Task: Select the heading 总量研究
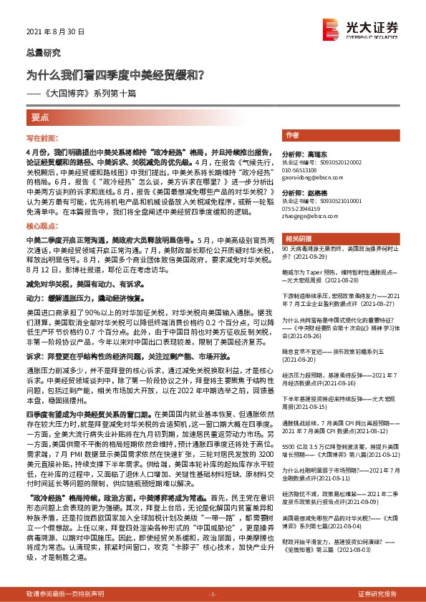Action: pos(44,53)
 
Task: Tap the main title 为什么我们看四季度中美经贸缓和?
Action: pos(117,73)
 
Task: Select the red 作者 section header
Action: pos(292,135)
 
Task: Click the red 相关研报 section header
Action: pos(298,238)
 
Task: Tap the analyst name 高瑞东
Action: pos(315,154)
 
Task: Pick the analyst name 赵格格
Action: pos(315,193)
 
